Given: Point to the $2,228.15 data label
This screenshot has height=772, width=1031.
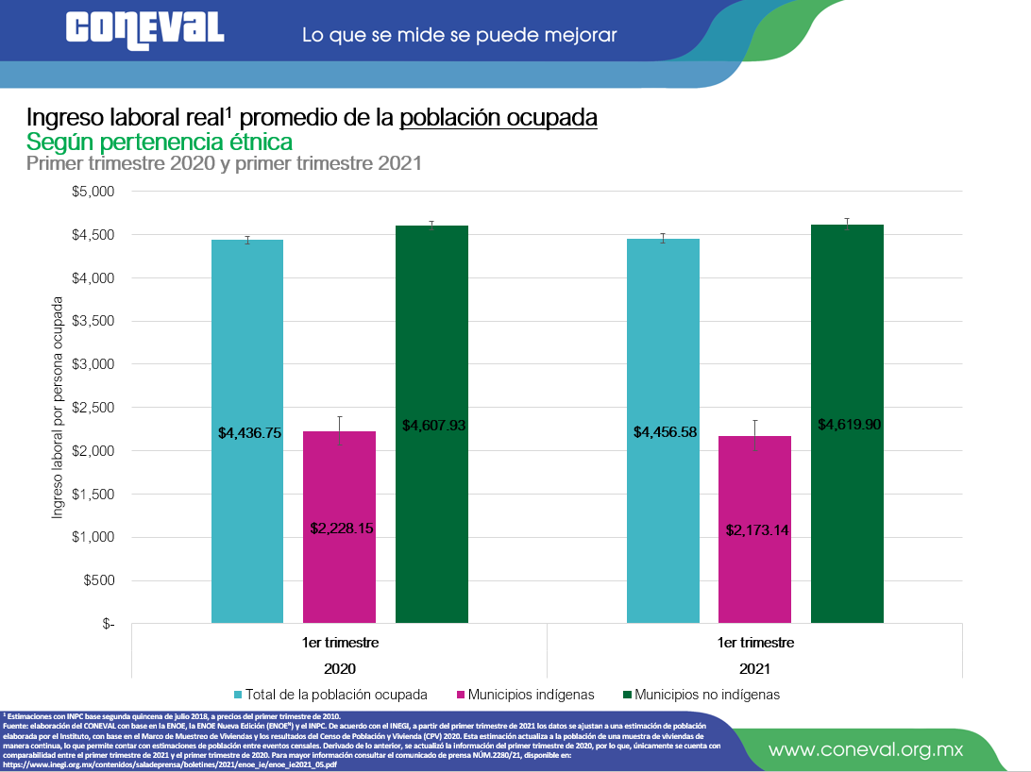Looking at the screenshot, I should click(x=342, y=529).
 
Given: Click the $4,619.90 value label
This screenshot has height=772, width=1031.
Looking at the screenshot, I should click(x=850, y=425).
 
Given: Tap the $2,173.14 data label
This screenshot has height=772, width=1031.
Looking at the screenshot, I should click(x=757, y=530).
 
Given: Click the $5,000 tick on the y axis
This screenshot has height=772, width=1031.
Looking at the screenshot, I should click(x=93, y=192).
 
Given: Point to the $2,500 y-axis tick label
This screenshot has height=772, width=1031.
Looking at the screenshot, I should click(x=93, y=408).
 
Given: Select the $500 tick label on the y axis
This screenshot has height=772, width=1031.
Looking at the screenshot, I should click(x=98, y=580).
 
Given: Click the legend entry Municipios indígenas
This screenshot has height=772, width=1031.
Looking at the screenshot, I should click(x=533, y=695).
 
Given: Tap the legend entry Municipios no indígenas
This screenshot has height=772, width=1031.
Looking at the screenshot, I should click(x=707, y=695).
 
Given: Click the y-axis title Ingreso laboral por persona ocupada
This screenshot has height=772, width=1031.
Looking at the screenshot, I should click(x=58, y=408).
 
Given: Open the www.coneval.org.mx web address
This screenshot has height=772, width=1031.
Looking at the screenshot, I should click(x=866, y=750).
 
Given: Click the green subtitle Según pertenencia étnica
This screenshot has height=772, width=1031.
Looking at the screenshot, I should click(x=160, y=142).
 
